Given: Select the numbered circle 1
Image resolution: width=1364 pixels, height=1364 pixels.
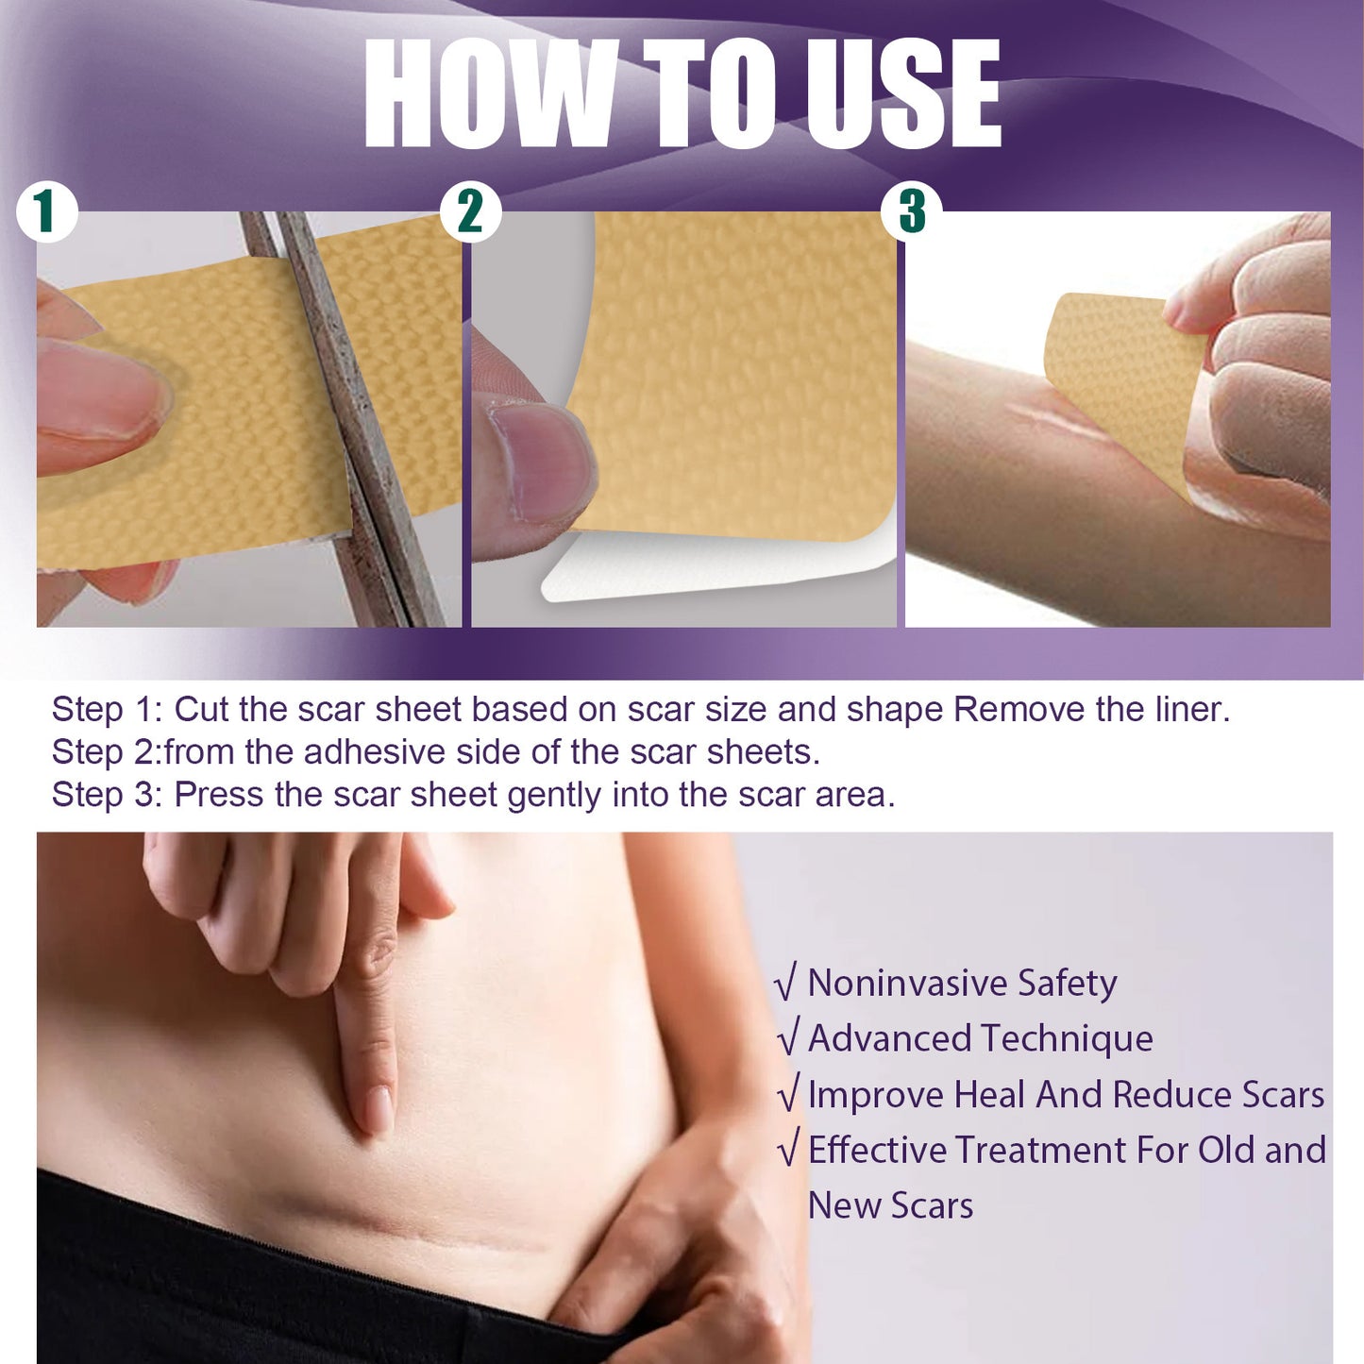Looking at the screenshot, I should tap(45, 211).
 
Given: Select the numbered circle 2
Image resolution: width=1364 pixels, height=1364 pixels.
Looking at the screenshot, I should tap(470, 211).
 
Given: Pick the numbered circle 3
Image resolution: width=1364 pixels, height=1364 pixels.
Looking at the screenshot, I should tap(911, 211).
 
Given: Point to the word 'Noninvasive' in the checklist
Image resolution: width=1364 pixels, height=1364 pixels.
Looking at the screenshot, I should tap(906, 984).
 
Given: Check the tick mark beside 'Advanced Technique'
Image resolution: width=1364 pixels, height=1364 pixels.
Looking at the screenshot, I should tap(789, 1037).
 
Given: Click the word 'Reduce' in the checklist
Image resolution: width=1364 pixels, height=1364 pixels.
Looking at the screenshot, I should tap(1171, 1095).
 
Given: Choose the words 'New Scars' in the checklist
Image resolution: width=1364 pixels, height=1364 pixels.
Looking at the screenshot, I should tap(890, 1206).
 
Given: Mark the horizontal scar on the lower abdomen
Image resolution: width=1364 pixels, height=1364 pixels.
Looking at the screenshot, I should tap(415, 1227).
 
